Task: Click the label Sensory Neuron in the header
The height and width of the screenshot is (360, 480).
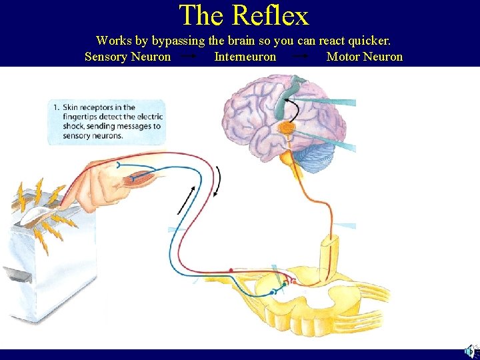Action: [127, 57]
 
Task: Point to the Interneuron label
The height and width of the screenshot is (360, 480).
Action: [245, 57]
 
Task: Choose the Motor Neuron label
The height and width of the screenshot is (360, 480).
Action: [365, 57]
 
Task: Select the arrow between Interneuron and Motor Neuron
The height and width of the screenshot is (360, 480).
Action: [301, 57]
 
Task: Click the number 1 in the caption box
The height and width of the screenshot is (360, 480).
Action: [57, 107]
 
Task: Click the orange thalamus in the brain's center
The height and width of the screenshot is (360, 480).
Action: [287, 126]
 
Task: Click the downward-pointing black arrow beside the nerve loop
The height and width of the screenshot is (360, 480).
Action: [218, 178]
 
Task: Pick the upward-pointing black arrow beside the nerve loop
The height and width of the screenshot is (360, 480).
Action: [187, 200]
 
